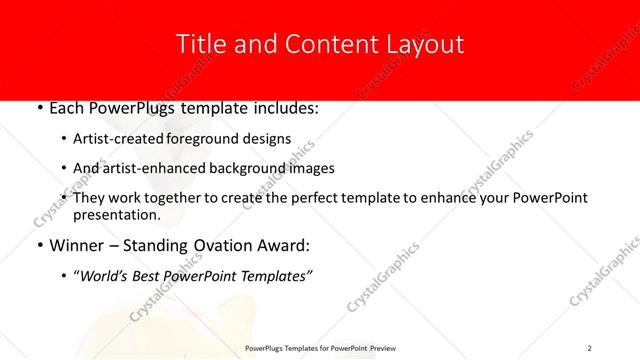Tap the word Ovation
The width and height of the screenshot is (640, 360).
click(x=217, y=245)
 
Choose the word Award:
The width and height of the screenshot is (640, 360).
click(x=279, y=245)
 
